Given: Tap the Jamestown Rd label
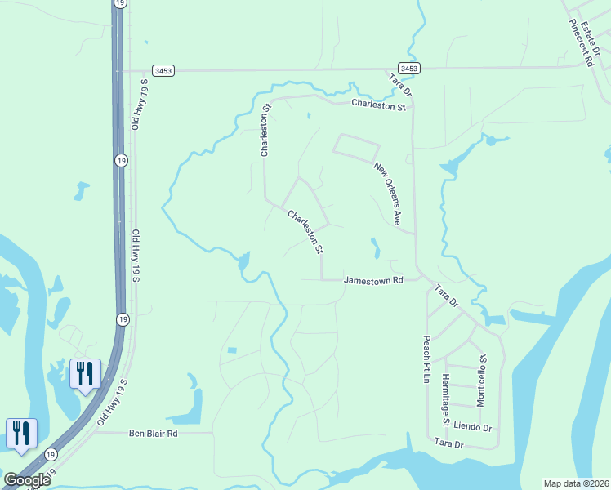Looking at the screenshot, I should pos(373,280).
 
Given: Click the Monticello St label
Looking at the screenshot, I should pos(482,381).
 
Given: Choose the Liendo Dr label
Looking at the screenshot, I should pos(474,427).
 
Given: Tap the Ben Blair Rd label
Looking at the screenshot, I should pos(153,434).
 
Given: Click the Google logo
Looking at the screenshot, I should pos(28,479).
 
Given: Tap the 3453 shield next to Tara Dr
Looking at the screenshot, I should pos(409,69).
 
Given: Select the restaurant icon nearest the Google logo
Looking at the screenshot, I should pos(21,433).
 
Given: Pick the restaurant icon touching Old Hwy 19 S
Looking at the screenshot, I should pos(85,374).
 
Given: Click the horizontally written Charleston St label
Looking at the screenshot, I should pos(378,105).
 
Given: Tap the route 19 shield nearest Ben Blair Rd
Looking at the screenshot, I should pos(51,455).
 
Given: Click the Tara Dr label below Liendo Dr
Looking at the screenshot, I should pos(448,444).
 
